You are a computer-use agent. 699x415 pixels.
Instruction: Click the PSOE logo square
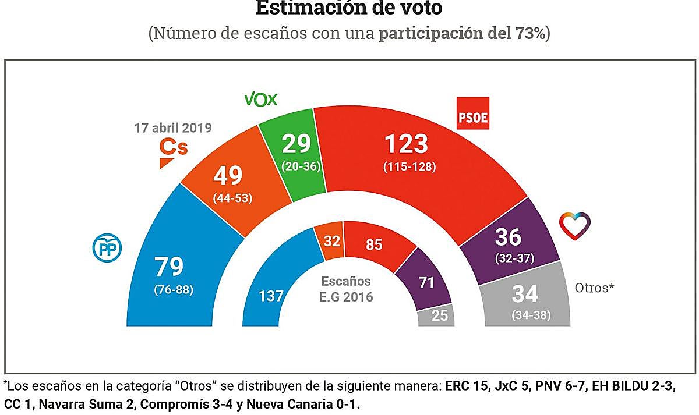(472, 113)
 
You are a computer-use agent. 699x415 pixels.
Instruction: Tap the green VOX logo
(260, 100)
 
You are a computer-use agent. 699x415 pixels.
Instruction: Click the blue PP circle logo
(105, 249)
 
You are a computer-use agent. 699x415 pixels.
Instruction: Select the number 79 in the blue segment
(170, 267)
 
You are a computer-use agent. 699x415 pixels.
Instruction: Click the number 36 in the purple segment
(509, 237)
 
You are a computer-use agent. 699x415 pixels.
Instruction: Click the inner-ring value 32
(332, 240)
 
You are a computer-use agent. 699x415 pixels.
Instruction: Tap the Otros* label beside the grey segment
(595, 288)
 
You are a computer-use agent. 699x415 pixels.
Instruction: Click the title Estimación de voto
(349, 8)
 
